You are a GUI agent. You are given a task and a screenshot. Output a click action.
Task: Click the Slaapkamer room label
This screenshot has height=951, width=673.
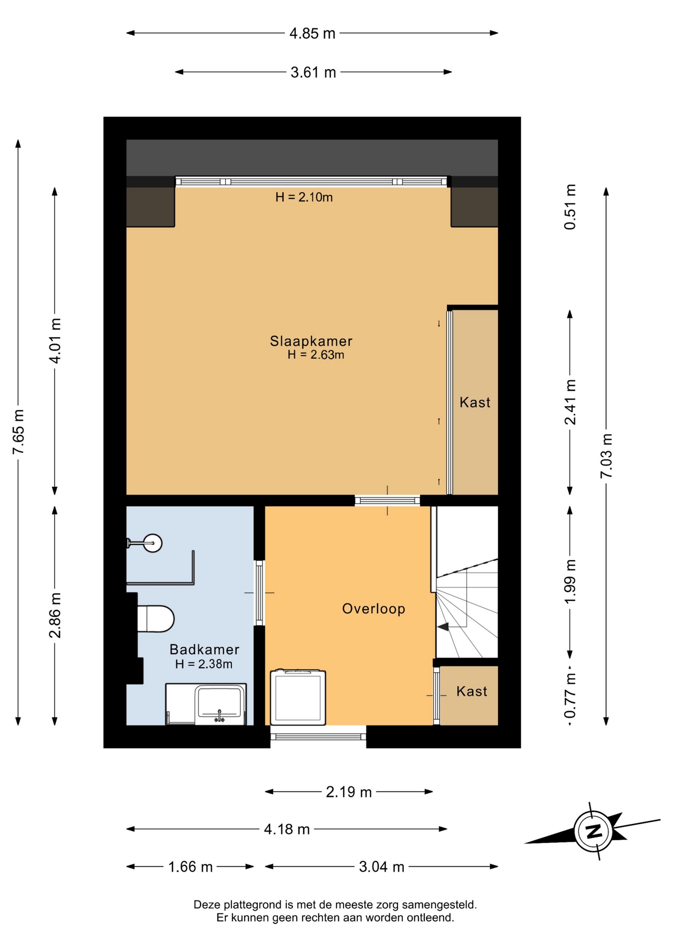click(x=311, y=341)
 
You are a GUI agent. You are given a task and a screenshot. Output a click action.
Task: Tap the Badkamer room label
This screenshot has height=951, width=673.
click(x=204, y=649)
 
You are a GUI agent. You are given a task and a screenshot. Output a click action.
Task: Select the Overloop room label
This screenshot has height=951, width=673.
click(x=374, y=609)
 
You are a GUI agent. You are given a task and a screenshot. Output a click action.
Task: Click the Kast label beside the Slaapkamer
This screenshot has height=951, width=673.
click(x=475, y=402)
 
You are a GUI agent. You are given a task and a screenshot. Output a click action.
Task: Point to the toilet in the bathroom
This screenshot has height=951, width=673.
click(x=155, y=619)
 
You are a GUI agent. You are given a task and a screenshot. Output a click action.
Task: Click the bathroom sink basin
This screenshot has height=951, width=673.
click(x=219, y=701)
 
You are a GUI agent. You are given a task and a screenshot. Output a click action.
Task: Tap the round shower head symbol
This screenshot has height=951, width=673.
click(x=153, y=543)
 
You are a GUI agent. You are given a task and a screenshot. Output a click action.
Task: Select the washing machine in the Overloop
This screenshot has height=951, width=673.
click(x=298, y=697)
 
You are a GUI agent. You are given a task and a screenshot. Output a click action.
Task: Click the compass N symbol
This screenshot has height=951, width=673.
click(x=593, y=831)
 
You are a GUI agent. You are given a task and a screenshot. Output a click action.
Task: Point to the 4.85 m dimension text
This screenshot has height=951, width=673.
click(x=312, y=33)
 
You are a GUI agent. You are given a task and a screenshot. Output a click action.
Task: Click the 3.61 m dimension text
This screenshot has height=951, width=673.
click(x=313, y=72)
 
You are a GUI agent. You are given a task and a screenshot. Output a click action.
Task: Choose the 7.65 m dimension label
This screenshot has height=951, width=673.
click(x=18, y=432)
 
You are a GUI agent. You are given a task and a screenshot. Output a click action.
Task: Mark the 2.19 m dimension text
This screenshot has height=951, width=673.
click(x=348, y=792)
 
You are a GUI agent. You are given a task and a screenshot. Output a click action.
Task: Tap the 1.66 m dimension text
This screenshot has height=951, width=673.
click(x=190, y=867)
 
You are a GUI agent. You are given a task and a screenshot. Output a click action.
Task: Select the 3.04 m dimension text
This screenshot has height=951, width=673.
click(x=382, y=867)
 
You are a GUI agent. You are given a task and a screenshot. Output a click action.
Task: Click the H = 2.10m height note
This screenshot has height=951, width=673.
click(x=304, y=197)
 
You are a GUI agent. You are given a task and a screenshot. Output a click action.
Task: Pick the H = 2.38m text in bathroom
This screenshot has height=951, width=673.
click(x=204, y=664)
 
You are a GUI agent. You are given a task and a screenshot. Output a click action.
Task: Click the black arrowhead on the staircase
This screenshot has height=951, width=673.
click(x=443, y=627)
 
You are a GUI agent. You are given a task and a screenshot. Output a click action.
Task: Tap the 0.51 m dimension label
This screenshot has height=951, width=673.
click(x=570, y=207)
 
